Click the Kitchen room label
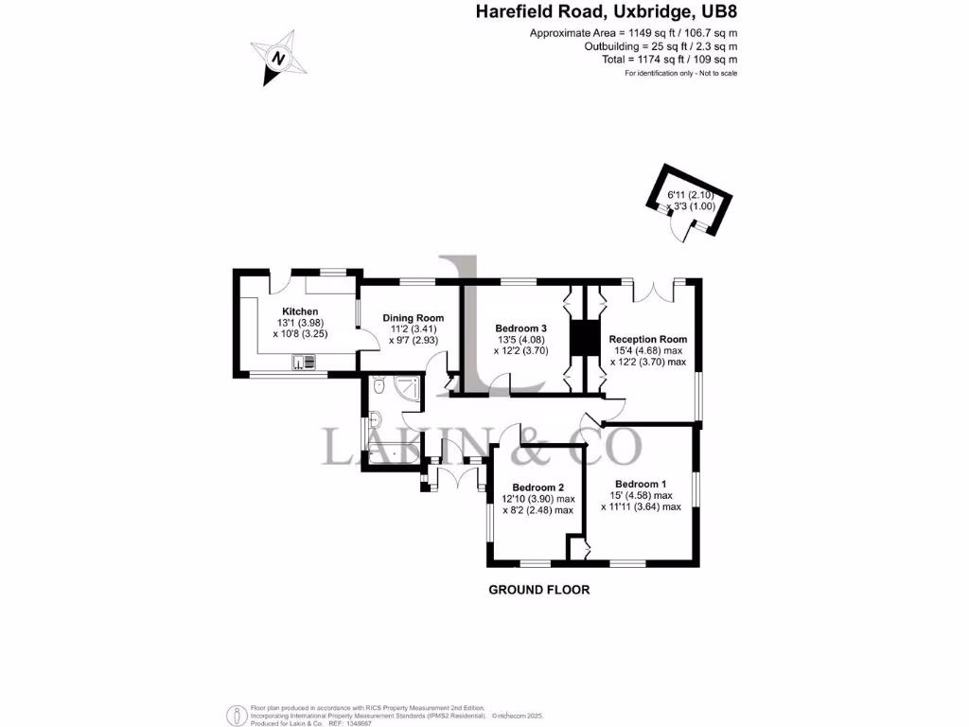pyautogui.click(x=300, y=311)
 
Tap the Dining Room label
pyautogui.click(x=414, y=318)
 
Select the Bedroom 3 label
pyautogui.click(x=521, y=328)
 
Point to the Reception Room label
pyautogui.click(x=647, y=339)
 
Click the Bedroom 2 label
pyautogui.click(x=537, y=488)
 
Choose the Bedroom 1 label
pyautogui.click(x=641, y=484)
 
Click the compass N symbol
pyautogui.click(x=278, y=60)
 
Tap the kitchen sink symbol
pyautogui.click(x=304, y=362)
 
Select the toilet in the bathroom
pyautogui.click(x=379, y=385)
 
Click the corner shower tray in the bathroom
pyautogui.click(x=409, y=389)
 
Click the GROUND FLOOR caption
pyautogui.click(x=538, y=590)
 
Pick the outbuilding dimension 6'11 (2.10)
pyautogui.click(x=690, y=195)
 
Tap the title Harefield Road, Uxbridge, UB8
pyautogui.click(x=607, y=11)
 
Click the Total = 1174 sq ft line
pyautogui.click(x=670, y=60)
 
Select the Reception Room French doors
pyautogui.click(x=654, y=291)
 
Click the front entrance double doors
pyautogui.click(x=458, y=478)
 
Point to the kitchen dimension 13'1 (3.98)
pyautogui.click(x=300, y=323)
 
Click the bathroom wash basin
pyautogui.click(x=375, y=421)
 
